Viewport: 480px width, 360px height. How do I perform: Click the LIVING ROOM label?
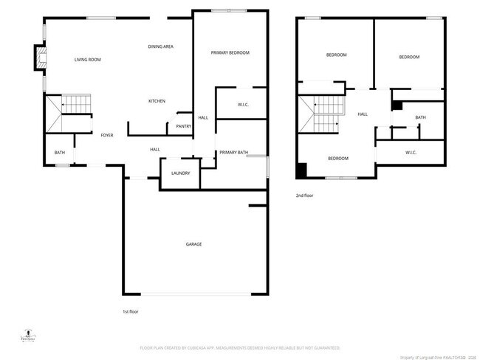click(x=87, y=60)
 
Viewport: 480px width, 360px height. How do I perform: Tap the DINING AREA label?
click(x=160, y=47)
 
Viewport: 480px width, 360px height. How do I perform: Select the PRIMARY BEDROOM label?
click(x=230, y=52)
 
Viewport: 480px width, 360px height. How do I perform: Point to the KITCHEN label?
click(x=157, y=101)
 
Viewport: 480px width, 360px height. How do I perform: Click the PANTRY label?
click(x=184, y=126)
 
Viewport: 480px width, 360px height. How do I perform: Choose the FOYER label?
click(x=107, y=136)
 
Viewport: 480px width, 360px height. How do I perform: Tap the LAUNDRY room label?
click(x=180, y=173)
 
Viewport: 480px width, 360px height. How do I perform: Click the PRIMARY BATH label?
click(x=233, y=153)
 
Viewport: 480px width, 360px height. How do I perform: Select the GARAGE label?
click(x=193, y=244)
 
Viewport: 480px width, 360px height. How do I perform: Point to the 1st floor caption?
click(x=130, y=311)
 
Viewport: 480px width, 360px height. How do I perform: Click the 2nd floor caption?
click(x=304, y=195)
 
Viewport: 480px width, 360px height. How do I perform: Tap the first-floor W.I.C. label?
click(x=243, y=105)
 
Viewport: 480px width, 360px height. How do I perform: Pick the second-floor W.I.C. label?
click(x=411, y=153)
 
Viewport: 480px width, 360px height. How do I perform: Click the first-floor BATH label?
click(x=59, y=153)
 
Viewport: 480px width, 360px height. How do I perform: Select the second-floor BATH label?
click(x=420, y=117)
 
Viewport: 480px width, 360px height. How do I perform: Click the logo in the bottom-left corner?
click(x=28, y=335)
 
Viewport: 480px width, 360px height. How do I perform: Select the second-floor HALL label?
click(x=363, y=114)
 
